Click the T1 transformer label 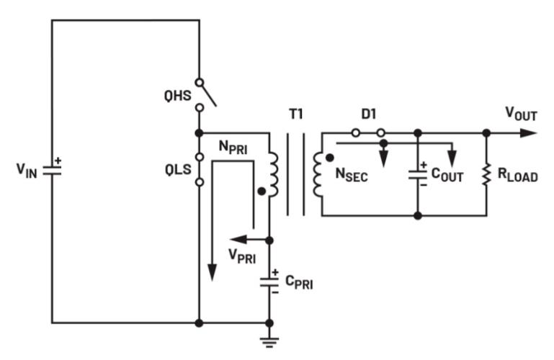pos(295,113)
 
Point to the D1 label pos(367,114)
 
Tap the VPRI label pos(243,256)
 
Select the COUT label pos(446,175)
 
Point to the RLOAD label pos(517,175)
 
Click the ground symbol pos(269,340)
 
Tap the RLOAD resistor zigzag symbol pos(486,174)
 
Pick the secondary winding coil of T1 pos(318,174)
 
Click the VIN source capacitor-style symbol pos(52,171)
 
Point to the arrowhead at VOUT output pos(531,132)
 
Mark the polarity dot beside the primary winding pos(260,192)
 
